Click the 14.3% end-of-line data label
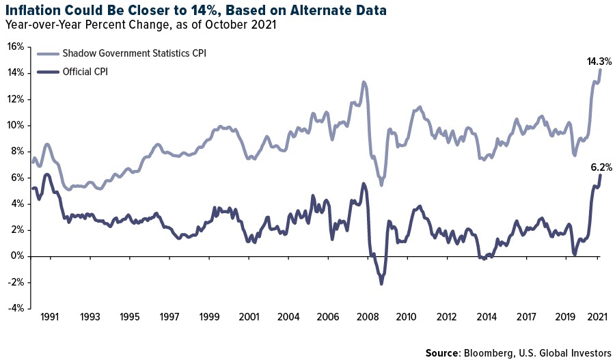[599, 61]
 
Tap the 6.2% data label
[601, 167]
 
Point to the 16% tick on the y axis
[15, 46]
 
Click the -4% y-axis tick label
[15, 309]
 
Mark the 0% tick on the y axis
[16, 256]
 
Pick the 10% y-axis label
[15, 125]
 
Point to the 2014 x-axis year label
[486, 317]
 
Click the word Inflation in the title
[35, 10]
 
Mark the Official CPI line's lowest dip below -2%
[381, 283]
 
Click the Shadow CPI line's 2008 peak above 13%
[364, 83]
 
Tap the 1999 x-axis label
[209, 317]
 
